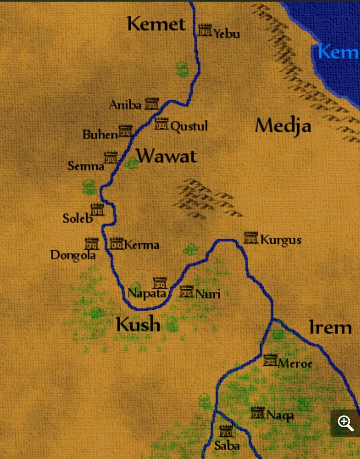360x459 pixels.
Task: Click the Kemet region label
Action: pos(156,24)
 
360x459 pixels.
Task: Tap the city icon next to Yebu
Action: pos(205,30)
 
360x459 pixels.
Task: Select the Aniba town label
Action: pos(125,105)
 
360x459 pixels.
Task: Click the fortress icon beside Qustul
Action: pos(161,124)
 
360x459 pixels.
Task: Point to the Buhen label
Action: pos(100,134)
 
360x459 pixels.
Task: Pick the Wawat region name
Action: pos(166,156)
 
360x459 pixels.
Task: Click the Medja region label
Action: pos(283,126)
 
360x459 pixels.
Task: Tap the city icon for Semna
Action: pos(111,157)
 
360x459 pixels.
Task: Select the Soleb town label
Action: pos(78,219)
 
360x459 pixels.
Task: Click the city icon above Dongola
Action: pos(91,244)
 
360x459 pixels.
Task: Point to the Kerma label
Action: pos(142,245)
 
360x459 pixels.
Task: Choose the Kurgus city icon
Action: pos(251,238)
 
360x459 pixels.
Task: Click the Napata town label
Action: pos(147,294)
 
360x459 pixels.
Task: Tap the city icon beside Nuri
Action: pos(187,291)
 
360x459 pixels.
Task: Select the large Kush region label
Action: pos(138,324)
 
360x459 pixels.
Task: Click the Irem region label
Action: pos(330,328)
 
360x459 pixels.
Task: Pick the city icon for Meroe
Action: pos(270,360)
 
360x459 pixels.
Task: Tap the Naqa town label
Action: pos(280,416)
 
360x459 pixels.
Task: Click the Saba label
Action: pos(227,446)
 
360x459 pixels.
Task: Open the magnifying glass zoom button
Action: pos(345,423)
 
